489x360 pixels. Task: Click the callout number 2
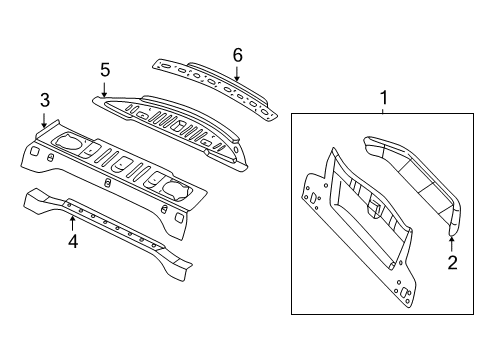pyautogui.click(x=451, y=263)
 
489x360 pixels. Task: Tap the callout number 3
pyautogui.click(x=44, y=99)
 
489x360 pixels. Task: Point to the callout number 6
pyautogui.click(x=237, y=54)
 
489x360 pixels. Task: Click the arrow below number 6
pyautogui.click(x=237, y=71)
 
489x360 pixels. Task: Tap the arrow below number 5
pyautogui.click(x=104, y=87)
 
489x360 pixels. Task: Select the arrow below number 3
pyautogui.click(x=44, y=118)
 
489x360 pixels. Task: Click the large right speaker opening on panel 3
pyautogui.click(x=169, y=187)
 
